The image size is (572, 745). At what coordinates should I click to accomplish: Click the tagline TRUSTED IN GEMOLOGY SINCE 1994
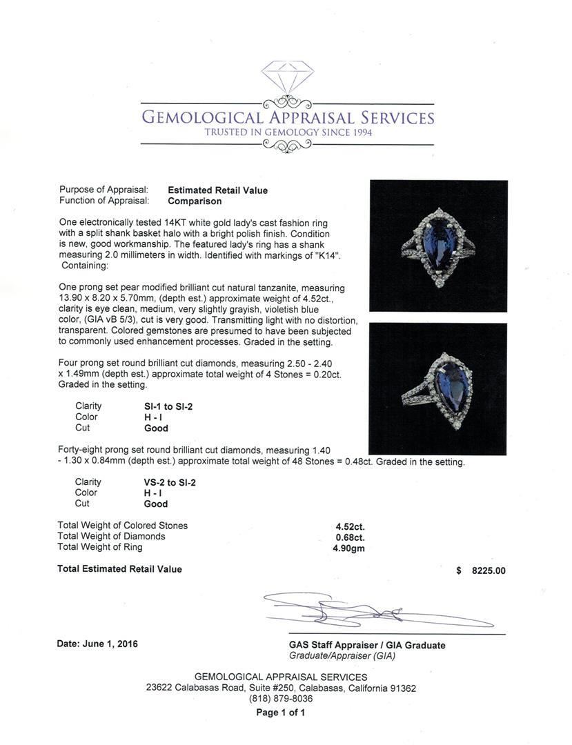coord(288,132)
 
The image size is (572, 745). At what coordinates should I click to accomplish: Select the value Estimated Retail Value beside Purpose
coord(217,190)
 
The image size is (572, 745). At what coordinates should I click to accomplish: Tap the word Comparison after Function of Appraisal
coord(195,201)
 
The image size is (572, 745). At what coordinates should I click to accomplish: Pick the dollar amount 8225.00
coord(489,570)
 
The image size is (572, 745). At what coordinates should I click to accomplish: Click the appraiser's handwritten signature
coord(366,611)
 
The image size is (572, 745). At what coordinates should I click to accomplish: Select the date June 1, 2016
coord(97,644)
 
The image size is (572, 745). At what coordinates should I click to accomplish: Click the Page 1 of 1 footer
coord(280,713)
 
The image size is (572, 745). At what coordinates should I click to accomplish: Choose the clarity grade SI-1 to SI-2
coord(163,406)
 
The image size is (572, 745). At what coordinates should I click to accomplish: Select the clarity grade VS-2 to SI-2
coord(164,482)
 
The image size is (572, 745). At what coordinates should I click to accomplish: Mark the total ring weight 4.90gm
coord(348,548)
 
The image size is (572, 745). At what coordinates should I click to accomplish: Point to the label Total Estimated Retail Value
coord(119,569)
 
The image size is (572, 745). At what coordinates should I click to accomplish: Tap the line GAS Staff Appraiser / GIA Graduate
coord(367,645)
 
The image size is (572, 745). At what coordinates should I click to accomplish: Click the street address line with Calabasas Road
coord(281,688)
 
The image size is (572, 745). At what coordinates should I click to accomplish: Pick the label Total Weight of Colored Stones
coord(122,526)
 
